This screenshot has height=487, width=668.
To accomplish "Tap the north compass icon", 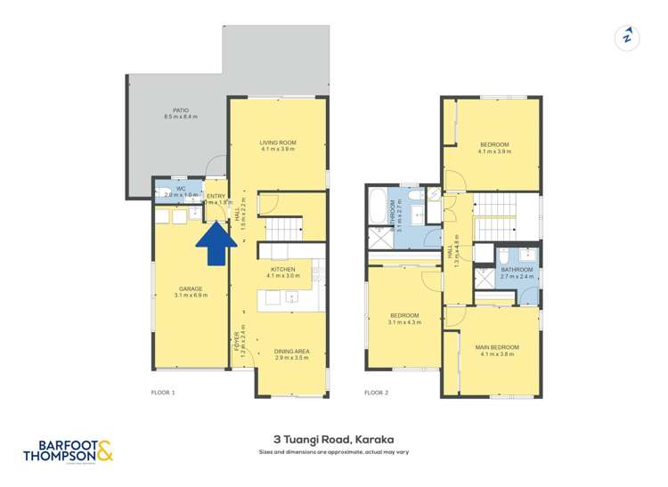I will tap(627, 37).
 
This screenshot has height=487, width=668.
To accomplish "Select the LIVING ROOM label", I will tap(278, 142).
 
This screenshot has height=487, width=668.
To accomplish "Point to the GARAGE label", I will tap(191, 288).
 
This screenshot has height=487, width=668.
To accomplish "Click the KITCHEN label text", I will tap(283, 268).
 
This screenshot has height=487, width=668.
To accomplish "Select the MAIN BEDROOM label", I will tap(497, 347).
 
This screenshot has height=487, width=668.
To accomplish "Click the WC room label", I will tap(181, 188).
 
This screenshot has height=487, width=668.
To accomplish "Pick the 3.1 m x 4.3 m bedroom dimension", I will tap(404, 322).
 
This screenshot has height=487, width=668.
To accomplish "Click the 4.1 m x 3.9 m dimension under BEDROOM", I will tap(494, 151).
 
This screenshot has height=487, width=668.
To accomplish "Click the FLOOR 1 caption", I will tap(162, 392).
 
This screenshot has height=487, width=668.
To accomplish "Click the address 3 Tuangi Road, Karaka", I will tap(334, 439).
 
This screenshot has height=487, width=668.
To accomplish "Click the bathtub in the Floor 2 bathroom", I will tap(379, 208).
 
